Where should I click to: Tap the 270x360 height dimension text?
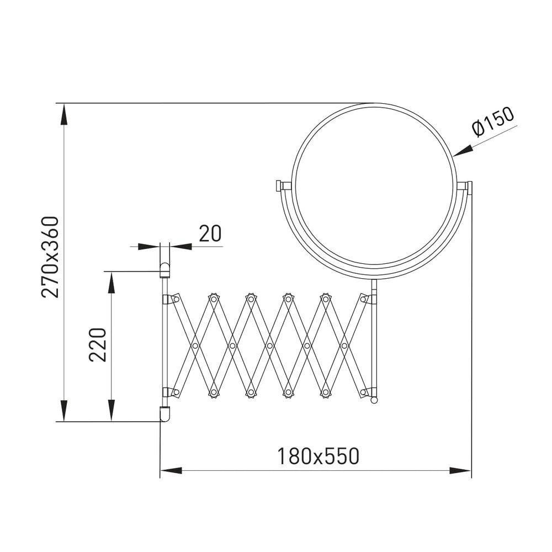point(50,257)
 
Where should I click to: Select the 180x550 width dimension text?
point(319,457)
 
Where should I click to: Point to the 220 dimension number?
point(98,344)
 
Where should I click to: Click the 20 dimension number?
point(210,233)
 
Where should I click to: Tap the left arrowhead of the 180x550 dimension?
point(171,470)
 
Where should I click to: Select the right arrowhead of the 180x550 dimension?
point(460,470)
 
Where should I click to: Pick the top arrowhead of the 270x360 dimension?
point(63,114)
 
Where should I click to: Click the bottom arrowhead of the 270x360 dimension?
point(63,411)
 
